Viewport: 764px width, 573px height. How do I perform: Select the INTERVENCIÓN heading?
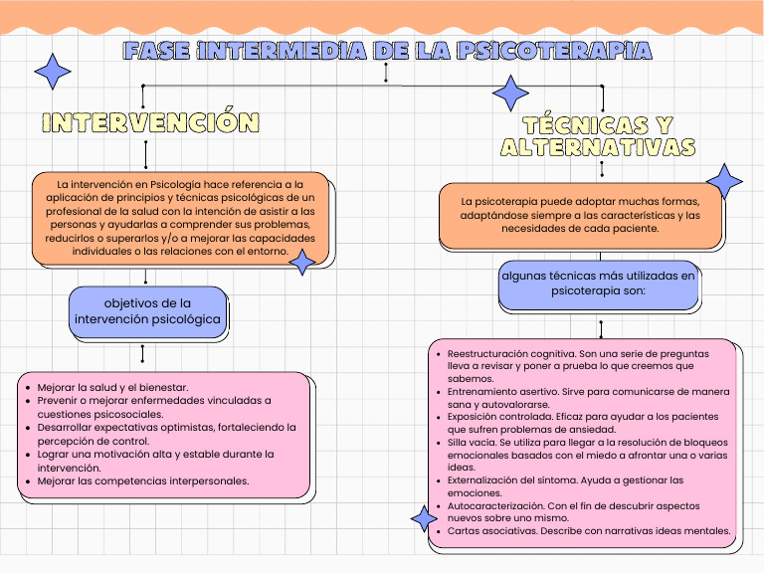[x=150, y=122]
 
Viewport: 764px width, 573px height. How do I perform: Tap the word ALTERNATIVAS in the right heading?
[x=598, y=147]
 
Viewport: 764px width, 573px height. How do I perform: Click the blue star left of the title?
[x=53, y=72]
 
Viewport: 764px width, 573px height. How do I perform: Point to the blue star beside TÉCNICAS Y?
[x=511, y=93]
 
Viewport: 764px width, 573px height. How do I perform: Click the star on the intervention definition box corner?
[x=301, y=262]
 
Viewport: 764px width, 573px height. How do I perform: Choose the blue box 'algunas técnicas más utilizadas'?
[x=599, y=283]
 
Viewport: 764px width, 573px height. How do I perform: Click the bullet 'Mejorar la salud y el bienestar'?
[x=112, y=387]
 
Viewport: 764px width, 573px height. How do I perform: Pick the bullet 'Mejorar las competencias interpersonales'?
[x=142, y=480]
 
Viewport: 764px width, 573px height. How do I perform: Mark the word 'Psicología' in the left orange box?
[x=174, y=184]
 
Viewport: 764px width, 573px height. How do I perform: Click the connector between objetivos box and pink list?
[x=143, y=353]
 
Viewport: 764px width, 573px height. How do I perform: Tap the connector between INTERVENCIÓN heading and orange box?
[x=146, y=154]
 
